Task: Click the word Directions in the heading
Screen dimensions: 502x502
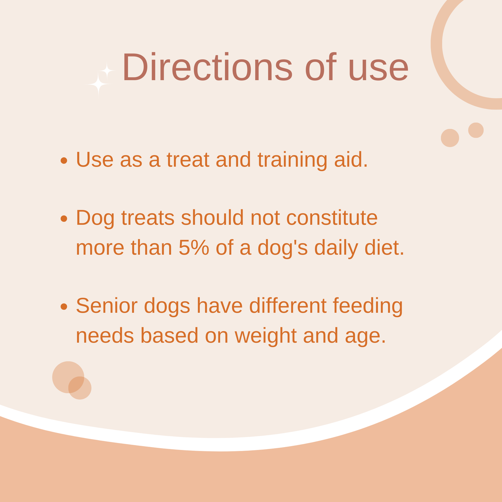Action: [207, 67]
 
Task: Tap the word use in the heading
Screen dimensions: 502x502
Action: [379, 70]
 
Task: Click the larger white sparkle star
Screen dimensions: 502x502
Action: [98, 84]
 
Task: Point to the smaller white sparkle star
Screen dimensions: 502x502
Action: [107, 71]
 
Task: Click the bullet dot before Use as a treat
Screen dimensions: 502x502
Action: [64, 160]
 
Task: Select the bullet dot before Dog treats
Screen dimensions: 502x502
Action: [64, 218]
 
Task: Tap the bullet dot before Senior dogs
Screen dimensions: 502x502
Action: [64, 306]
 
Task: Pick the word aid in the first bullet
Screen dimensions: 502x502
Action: [351, 159]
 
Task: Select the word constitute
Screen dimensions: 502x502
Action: [332, 217]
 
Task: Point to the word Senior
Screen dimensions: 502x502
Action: [107, 306]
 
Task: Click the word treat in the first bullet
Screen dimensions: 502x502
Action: [188, 160]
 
